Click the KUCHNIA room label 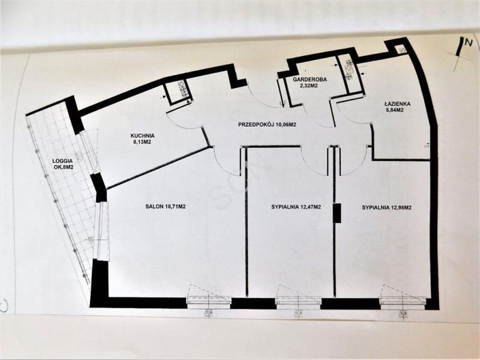click(x=142, y=136)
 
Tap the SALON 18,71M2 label click(x=166, y=206)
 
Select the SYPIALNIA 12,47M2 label click(x=296, y=207)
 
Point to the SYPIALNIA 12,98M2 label click(x=386, y=207)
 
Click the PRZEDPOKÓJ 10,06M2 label click(x=267, y=125)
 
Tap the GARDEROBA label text click(x=310, y=80)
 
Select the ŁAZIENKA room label click(x=398, y=104)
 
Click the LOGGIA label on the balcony click(x=62, y=161)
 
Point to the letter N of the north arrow click(x=467, y=43)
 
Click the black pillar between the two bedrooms click(x=337, y=213)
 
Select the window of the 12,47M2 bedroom click(x=298, y=301)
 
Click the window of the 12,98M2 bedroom click(x=402, y=301)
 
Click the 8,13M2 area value click(x=142, y=142)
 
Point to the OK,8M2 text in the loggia click(x=64, y=167)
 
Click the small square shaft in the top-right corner click(x=401, y=49)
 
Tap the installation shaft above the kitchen click(x=178, y=91)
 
